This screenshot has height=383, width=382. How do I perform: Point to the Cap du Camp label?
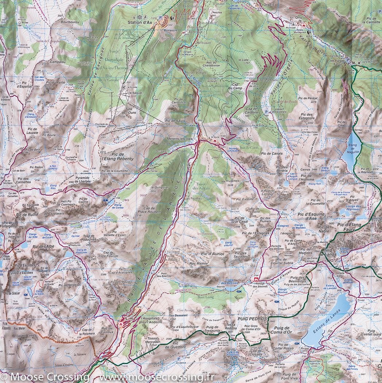[x=235, y=88]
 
